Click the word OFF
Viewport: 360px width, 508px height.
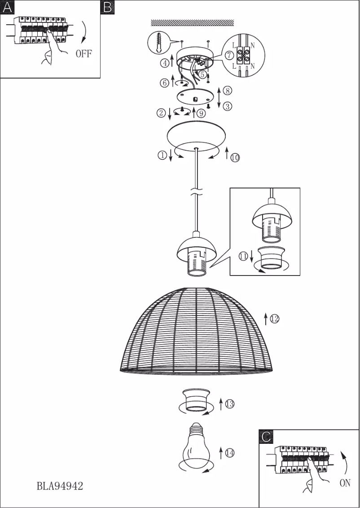[83, 54]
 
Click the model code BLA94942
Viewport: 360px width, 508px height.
[60, 486]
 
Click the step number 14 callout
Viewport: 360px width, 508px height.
[229, 453]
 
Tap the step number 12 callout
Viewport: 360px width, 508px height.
[275, 319]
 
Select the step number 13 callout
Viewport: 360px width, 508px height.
[229, 404]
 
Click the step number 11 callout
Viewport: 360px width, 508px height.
[243, 256]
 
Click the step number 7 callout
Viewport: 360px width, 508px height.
[229, 56]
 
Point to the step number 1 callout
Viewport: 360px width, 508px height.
[162, 155]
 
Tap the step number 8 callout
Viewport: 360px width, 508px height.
[228, 91]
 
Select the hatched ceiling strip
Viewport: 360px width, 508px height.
[193, 22]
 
